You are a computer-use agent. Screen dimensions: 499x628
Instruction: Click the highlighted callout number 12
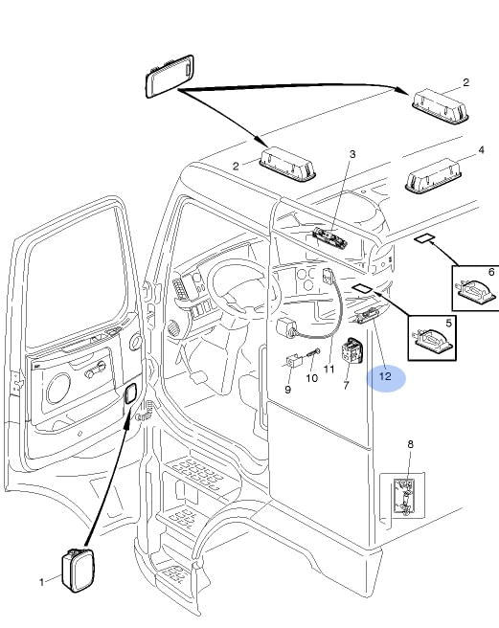(385, 376)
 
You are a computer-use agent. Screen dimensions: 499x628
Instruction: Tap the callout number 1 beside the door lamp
(42, 582)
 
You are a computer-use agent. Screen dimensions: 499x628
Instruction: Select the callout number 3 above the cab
(352, 154)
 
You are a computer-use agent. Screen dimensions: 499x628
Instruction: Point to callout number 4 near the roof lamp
(482, 149)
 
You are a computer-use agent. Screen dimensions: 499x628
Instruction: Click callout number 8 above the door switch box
(410, 444)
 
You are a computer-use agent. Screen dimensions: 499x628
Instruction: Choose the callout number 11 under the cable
(329, 369)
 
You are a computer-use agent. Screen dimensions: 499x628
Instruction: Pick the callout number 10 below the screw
(312, 378)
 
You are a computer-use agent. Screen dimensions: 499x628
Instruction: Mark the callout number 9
(287, 390)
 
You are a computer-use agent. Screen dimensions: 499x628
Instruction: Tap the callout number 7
(347, 385)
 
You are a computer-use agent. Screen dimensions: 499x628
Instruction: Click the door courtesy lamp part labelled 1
(79, 570)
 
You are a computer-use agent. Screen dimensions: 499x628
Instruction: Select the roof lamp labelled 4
(433, 175)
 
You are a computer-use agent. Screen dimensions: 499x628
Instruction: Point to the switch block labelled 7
(352, 350)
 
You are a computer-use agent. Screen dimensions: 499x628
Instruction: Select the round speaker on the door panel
(58, 389)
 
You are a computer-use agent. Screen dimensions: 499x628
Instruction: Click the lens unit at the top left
(170, 76)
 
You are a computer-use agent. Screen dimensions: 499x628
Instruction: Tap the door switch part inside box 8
(404, 498)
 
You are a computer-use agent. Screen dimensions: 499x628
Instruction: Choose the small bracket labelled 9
(293, 361)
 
